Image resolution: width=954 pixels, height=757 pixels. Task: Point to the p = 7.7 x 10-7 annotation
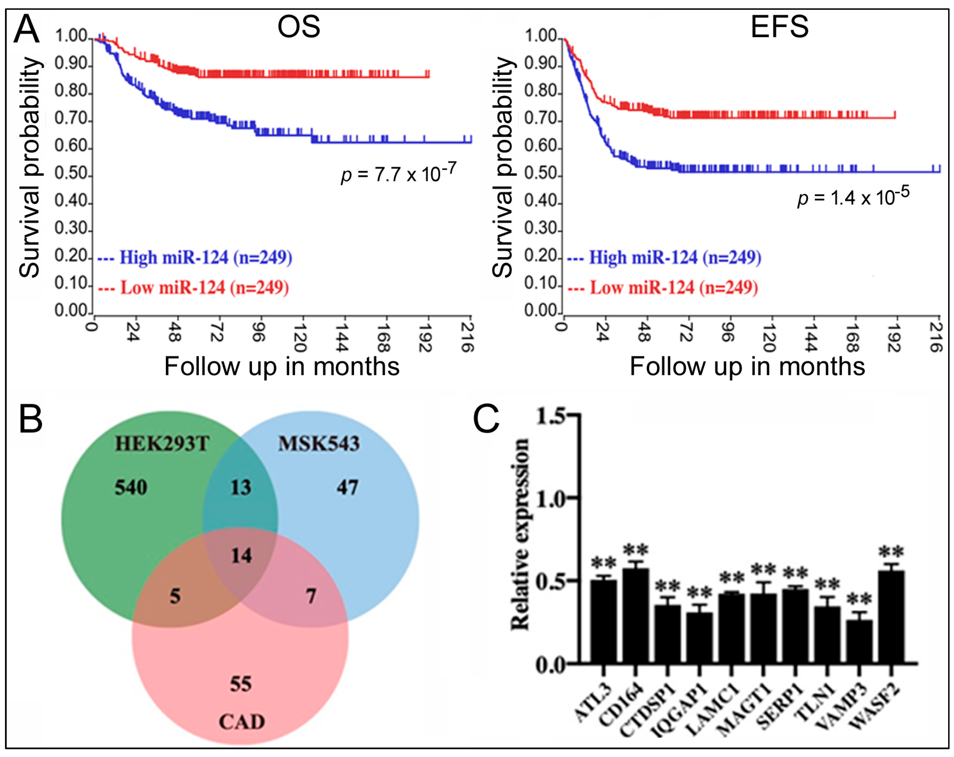(398, 173)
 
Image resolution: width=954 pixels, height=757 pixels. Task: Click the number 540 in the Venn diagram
(131, 487)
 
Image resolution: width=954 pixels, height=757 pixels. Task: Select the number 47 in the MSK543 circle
(347, 487)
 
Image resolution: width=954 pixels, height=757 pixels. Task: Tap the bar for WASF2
(891, 617)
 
